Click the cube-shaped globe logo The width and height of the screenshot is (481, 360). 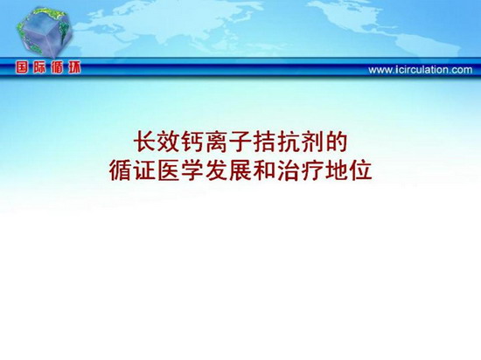(x=45, y=32)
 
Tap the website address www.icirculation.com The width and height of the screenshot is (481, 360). (x=421, y=70)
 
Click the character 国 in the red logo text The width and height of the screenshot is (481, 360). (x=22, y=67)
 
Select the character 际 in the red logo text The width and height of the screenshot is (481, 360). (x=39, y=67)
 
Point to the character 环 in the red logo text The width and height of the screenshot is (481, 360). (x=74, y=67)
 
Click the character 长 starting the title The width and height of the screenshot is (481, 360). (x=145, y=142)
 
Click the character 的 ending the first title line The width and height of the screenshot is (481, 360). (x=337, y=142)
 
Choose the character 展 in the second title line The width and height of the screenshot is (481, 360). (x=240, y=170)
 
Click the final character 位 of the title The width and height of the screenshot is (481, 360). (x=360, y=170)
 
